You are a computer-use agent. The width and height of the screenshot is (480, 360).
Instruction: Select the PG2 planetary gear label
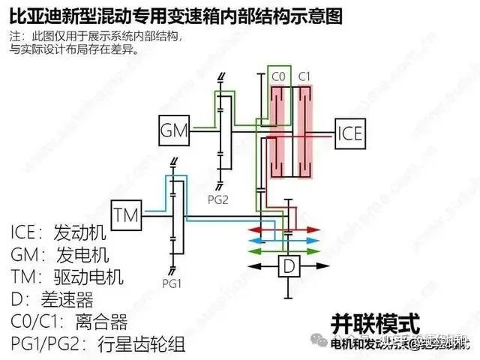pyautogui.click(x=218, y=198)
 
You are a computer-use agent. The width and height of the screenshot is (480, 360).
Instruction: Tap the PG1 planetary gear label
pyautogui.click(x=171, y=286)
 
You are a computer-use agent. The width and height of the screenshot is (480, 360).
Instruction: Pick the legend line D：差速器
pyautogui.click(x=52, y=300)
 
